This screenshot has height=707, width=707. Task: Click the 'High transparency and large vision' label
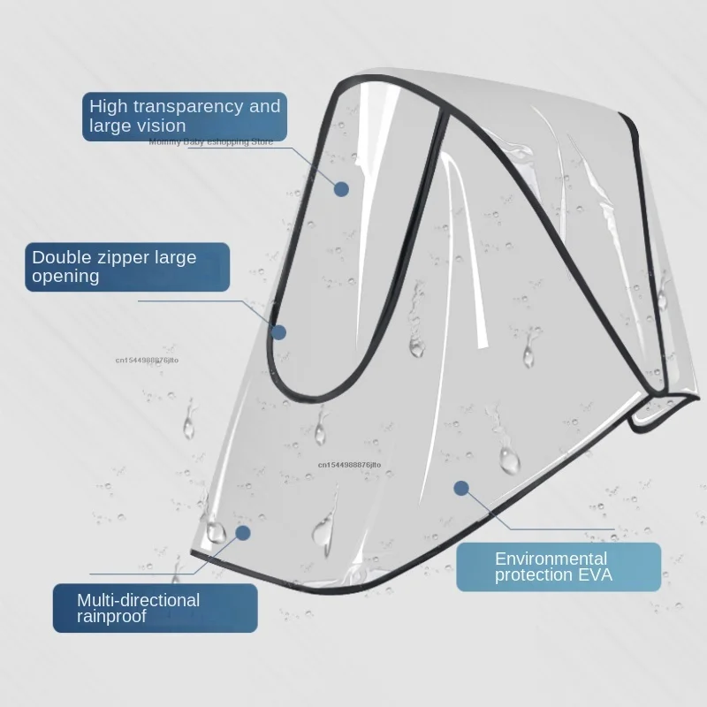(184, 116)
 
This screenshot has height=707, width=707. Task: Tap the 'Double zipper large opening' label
(127, 267)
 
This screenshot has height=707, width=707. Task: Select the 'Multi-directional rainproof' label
(155, 608)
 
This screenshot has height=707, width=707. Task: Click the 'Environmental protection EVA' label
(559, 566)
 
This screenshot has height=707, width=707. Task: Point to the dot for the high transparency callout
(341, 188)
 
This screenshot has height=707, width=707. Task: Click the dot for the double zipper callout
(279, 332)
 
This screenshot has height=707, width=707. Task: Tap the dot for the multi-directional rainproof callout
(243, 533)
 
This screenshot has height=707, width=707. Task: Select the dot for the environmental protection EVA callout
(460, 487)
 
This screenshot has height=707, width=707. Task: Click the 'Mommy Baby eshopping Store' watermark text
(211, 141)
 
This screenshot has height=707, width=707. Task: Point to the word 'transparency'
(186, 107)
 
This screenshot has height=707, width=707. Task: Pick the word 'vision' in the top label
(161, 125)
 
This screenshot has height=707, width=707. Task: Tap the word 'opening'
(66, 277)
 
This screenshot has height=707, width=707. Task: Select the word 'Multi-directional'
(139, 600)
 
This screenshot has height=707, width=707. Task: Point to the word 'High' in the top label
(108, 107)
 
